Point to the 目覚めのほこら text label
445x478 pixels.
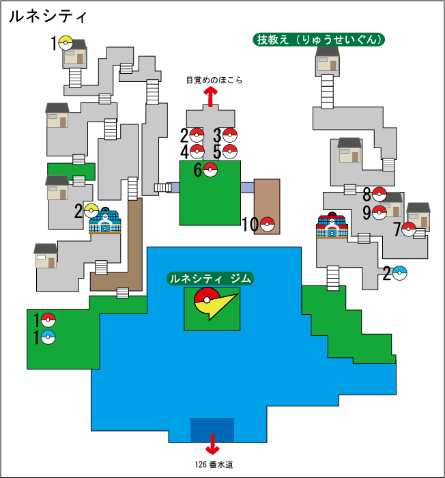click(214, 80)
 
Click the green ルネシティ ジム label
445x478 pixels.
click(211, 279)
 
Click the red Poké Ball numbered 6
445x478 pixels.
click(210, 170)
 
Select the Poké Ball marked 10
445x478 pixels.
click(268, 223)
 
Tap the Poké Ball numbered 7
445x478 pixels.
click(409, 229)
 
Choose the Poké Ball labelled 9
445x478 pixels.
click(379, 212)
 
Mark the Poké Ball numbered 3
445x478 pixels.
click(230, 135)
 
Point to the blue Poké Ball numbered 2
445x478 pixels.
click(401, 273)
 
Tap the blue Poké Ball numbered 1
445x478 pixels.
click(48, 337)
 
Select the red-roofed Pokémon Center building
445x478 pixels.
click(332, 227)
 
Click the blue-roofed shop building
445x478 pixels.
click(104, 222)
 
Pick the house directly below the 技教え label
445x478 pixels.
click(328, 61)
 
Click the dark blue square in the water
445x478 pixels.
click(212, 429)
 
